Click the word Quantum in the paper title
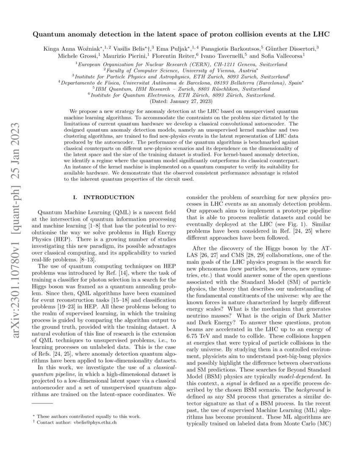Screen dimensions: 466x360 49,33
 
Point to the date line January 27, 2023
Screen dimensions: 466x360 180,102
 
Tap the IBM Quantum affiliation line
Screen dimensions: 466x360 180,89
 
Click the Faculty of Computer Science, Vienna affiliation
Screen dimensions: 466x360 180,70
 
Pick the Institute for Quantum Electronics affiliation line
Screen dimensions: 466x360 180,96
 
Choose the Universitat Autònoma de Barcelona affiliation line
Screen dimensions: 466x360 180,83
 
